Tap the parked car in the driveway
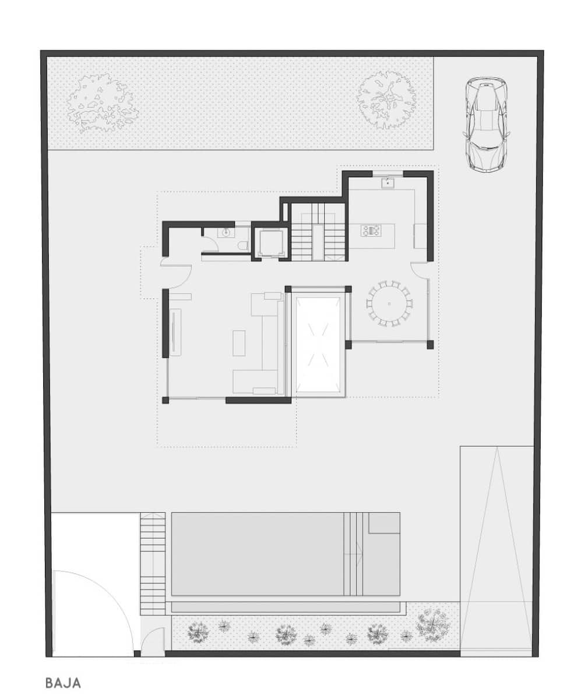[x=485, y=125]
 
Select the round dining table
[x=389, y=303]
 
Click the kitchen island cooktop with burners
[x=371, y=231]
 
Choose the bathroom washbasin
[x=226, y=232]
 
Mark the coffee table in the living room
[x=240, y=343]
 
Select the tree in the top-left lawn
[x=101, y=102]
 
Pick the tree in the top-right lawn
[x=386, y=98]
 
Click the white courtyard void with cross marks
[x=318, y=345]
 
